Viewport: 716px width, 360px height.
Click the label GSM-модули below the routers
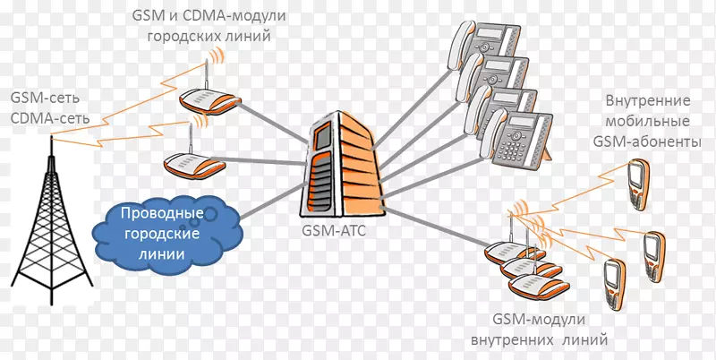pos(539,320)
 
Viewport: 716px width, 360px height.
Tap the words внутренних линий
pos(539,339)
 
